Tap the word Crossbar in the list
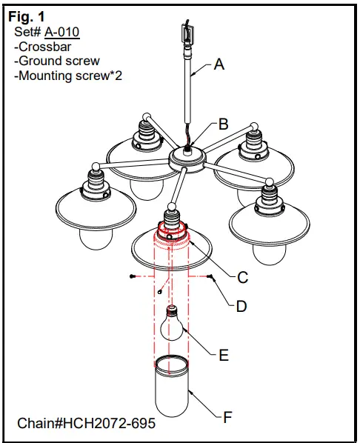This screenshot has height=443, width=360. coord(44,46)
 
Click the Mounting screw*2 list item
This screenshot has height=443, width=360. coord(66,76)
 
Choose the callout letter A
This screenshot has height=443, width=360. coord(219,64)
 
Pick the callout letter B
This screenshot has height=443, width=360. coord(223,124)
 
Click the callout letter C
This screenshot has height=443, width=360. coord(241,278)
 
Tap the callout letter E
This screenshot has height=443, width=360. coord(223,355)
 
